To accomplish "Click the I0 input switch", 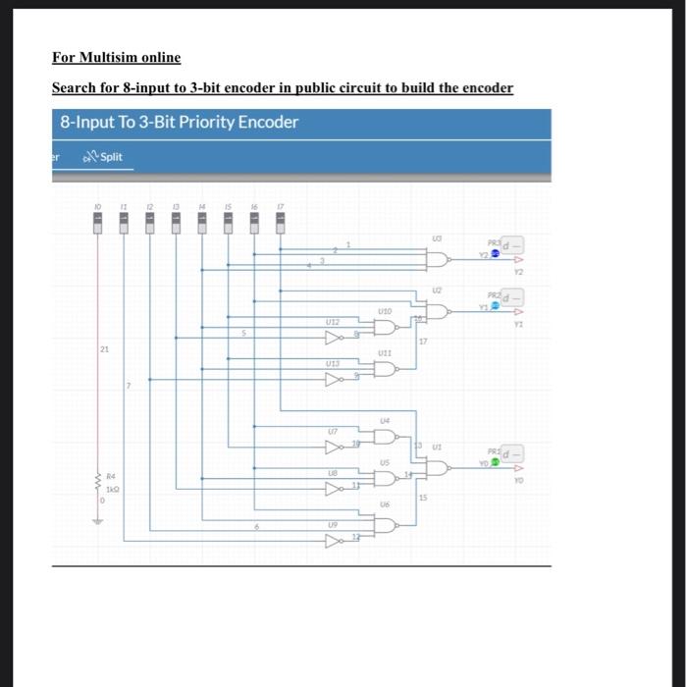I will [98, 225].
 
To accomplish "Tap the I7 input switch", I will [280, 225].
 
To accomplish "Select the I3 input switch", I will [176, 225].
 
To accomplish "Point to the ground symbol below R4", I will [97, 520].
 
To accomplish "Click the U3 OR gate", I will [438, 258].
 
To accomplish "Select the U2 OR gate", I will [438, 311].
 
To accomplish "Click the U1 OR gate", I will [438, 468].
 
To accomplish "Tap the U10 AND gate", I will [385, 327].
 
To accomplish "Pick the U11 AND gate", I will [385, 369].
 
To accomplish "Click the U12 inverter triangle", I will [334, 337].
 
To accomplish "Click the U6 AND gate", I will [385, 524].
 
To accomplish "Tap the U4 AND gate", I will [385, 437].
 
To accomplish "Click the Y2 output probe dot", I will [496, 253].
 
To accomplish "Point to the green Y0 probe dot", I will [496, 462].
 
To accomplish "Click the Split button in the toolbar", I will [103, 156].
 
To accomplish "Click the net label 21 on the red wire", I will [104, 349].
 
